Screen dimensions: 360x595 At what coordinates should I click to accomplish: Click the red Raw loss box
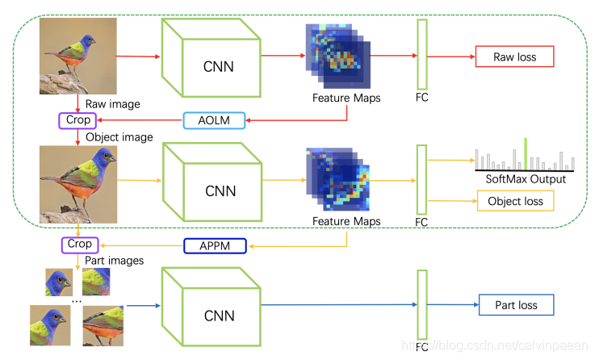click(x=515, y=57)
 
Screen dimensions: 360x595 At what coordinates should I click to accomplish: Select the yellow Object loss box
click(x=516, y=200)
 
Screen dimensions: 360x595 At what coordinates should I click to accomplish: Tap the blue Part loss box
click(x=516, y=305)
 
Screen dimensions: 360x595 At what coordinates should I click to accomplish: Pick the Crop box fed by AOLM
click(x=78, y=120)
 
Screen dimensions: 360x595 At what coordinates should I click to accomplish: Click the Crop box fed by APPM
click(x=80, y=244)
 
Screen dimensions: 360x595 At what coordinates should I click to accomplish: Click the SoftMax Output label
click(x=525, y=178)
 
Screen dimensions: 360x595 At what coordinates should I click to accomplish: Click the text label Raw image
click(x=112, y=104)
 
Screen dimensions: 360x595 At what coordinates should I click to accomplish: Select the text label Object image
click(x=119, y=137)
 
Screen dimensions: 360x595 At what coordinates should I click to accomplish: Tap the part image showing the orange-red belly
click(x=103, y=325)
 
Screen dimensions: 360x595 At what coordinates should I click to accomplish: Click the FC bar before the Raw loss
click(x=421, y=55)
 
